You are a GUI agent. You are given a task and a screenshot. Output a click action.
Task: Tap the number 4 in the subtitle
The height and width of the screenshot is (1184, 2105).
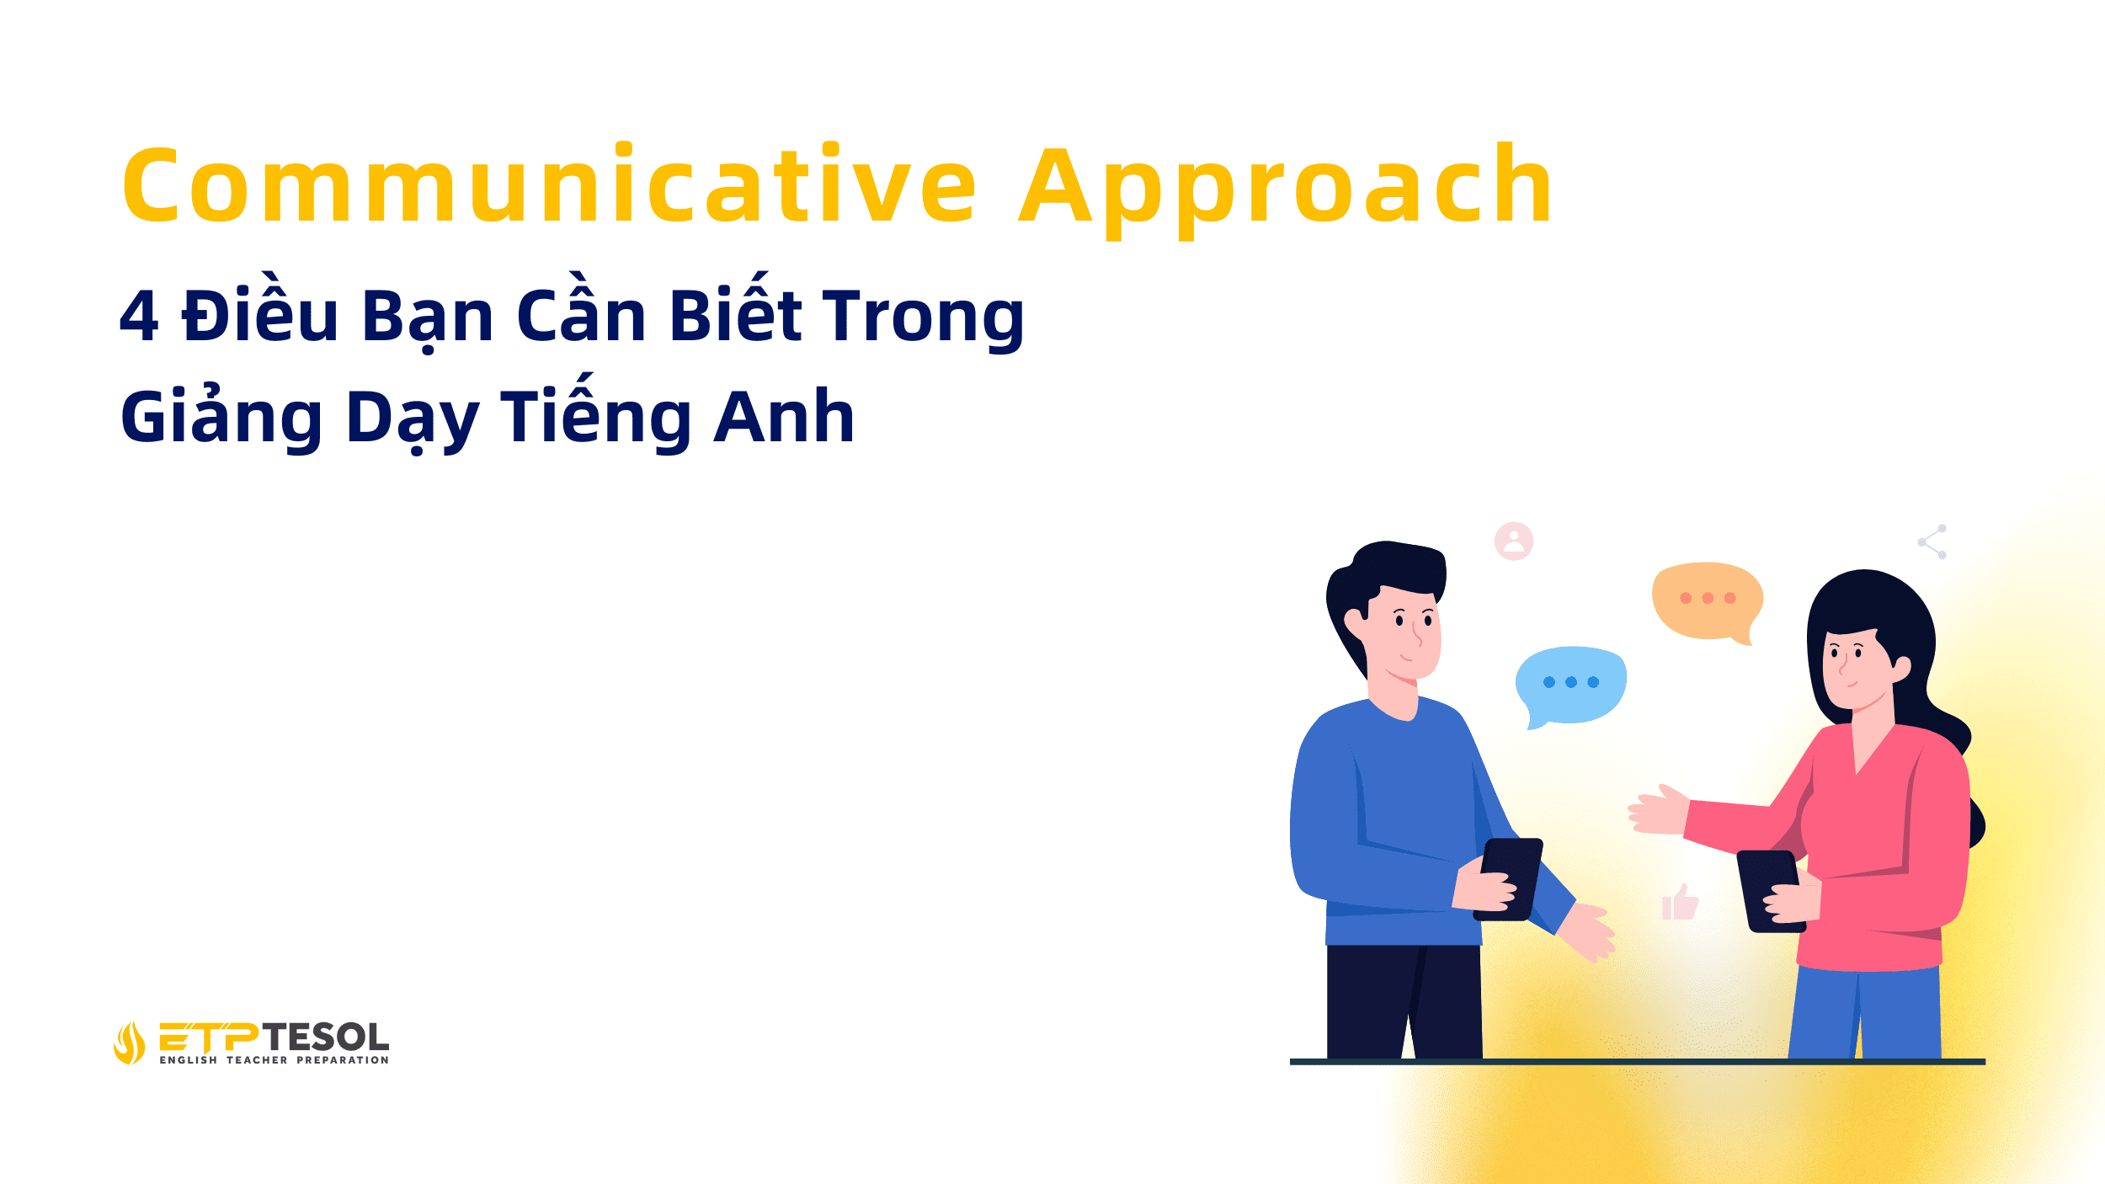click(x=140, y=317)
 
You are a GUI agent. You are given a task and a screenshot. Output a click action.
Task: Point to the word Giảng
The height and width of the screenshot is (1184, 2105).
click(x=221, y=419)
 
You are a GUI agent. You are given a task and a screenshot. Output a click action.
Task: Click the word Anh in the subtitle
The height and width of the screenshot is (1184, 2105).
click(x=784, y=417)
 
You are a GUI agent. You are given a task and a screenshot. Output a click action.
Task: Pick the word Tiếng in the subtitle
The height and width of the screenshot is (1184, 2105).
click(x=596, y=417)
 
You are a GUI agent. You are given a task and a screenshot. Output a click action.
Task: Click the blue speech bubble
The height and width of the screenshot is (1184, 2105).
click(x=1571, y=683)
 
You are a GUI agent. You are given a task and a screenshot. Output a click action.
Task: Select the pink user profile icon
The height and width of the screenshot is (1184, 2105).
click(x=1514, y=541)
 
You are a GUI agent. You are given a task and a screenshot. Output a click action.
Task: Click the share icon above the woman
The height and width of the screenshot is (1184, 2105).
click(x=1932, y=541)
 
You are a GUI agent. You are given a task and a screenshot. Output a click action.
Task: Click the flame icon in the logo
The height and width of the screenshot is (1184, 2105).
click(x=129, y=1043)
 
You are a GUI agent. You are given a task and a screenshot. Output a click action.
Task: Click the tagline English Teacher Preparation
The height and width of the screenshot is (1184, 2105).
click(x=274, y=1060)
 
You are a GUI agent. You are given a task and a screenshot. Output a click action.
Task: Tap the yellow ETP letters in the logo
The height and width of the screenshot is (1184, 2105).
click(x=209, y=1037)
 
